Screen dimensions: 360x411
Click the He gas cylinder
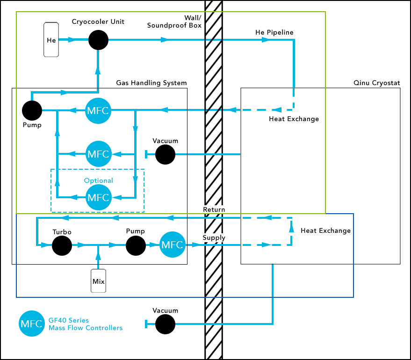coord(51,40)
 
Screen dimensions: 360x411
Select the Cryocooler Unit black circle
coord(98,40)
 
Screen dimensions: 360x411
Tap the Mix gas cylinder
coord(98,281)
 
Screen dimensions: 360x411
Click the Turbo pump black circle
coord(62,245)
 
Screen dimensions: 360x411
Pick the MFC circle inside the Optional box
coord(98,197)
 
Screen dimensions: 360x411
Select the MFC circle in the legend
coord(31,324)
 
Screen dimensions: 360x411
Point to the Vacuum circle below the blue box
coord(165,324)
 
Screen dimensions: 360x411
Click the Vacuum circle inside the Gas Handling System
coord(165,154)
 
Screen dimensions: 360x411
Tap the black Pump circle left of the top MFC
coord(32,111)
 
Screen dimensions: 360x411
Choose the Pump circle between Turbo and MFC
coord(136,245)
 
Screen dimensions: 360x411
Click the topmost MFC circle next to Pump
coord(98,111)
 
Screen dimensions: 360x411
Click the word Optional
coord(98,180)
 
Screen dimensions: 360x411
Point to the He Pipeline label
coord(274,32)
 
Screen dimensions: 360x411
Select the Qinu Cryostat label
coord(377,83)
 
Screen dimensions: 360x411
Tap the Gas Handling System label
coord(151,83)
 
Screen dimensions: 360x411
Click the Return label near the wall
coord(214,209)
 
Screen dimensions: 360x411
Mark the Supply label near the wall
coord(214,238)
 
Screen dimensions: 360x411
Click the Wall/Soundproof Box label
coord(174,22)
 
